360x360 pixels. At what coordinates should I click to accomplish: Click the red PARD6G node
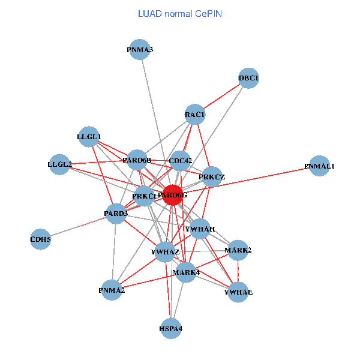pos(172,195)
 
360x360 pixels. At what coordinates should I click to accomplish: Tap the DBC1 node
pos(248,78)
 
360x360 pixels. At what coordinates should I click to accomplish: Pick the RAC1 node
pos(195,115)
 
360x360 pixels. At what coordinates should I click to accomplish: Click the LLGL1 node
pos(89,137)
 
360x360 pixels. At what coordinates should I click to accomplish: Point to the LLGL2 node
pos(59,164)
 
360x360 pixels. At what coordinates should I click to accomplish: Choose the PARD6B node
pos(137,160)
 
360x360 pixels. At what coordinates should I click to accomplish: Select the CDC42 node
pos(181,161)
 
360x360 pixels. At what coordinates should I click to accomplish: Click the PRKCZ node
pos(211,177)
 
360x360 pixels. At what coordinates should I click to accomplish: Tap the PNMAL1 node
pos(319,166)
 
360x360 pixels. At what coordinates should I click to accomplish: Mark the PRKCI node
pos(144,196)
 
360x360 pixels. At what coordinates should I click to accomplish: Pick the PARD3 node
pos(116,214)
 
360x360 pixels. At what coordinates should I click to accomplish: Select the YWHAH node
pos(200,229)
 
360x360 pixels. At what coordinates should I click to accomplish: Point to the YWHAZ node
pos(165,251)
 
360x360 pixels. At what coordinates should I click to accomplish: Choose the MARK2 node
pos(238,250)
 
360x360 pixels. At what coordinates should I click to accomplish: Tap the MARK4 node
pos(186,273)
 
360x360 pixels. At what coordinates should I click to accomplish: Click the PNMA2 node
pos(112,290)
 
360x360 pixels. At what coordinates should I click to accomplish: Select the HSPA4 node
pos(171,328)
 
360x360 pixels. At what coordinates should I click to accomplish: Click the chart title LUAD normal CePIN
pos(180,14)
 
